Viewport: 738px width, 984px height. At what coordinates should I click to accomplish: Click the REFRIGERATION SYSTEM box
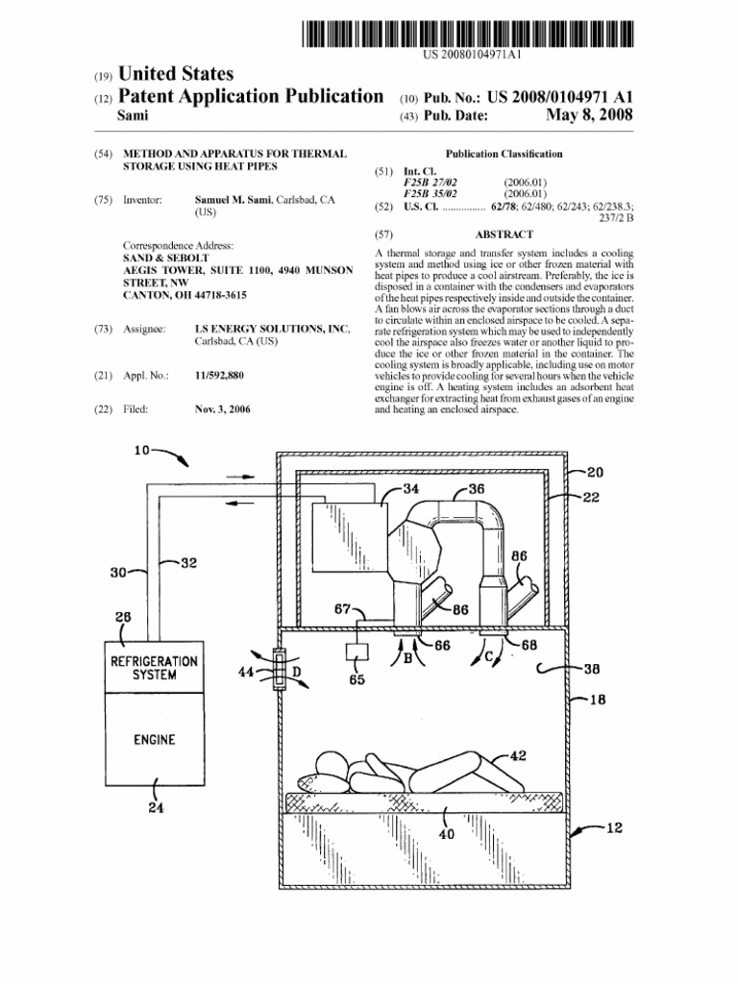154,668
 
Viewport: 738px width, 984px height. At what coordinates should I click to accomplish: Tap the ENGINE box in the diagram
154,740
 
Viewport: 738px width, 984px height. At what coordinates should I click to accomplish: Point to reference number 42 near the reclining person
518,756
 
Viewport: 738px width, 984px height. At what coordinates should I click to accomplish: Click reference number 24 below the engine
155,807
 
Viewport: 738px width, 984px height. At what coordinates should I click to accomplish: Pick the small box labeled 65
357,652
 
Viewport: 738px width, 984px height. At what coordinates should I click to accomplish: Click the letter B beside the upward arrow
407,658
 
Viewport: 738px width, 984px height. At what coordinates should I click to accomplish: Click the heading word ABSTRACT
504,234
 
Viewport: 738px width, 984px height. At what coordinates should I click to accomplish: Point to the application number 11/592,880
219,376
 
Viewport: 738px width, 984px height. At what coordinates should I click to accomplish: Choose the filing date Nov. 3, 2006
222,409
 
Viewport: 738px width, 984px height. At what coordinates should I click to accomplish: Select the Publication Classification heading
504,154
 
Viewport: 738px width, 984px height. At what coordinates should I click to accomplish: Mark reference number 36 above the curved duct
477,488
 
